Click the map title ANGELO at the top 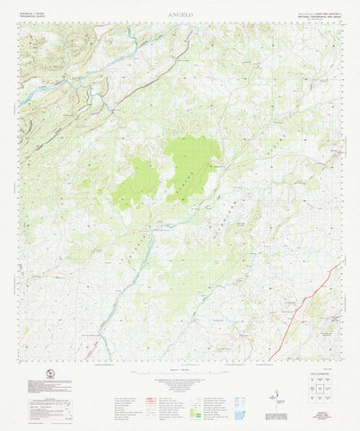point(180,16)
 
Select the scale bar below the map point(180,370)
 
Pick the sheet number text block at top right point(319,15)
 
